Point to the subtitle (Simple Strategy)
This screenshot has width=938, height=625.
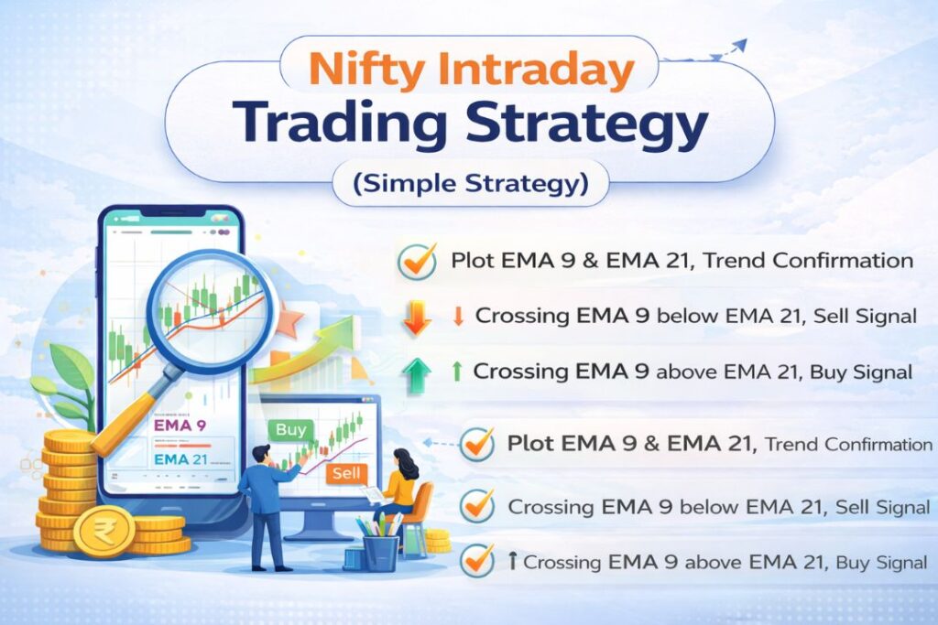pos(469,183)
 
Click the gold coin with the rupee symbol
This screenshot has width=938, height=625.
pos(104,532)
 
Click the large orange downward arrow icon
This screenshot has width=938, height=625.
pos(418,316)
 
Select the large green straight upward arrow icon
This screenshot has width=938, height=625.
pos(418,374)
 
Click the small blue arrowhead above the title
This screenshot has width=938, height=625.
pos(739,45)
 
